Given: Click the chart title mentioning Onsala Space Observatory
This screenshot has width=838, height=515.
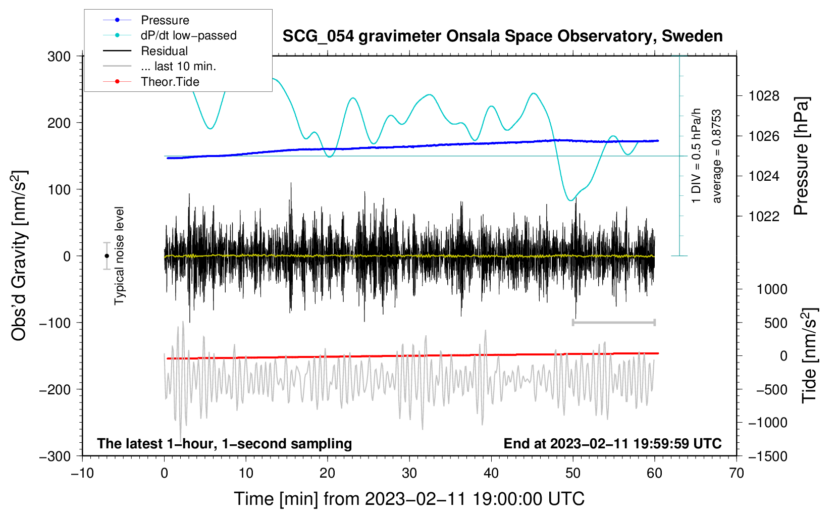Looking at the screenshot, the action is (x=502, y=36).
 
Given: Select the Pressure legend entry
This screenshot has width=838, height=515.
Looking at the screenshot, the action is (x=146, y=20).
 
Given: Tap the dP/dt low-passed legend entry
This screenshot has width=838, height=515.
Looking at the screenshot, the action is (x=170, y=35).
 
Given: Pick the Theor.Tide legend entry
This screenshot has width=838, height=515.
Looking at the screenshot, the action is (x=151, y=82).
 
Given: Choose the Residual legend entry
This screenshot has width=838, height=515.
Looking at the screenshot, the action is (x=145, y=51).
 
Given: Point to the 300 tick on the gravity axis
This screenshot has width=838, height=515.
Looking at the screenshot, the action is (x=59, y=57).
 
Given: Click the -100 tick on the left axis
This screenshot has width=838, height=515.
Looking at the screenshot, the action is (x=55, y=323).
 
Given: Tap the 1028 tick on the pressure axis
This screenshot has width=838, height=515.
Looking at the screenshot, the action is (x=764, y=96).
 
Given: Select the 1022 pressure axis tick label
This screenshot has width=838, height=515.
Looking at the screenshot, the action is (x=764, y=216).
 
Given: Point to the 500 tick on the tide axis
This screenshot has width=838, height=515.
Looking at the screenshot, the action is (x=776, y=323).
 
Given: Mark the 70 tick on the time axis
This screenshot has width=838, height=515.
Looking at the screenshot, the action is (x=736, y=473).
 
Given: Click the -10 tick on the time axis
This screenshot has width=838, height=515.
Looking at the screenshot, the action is (x=82, y=473).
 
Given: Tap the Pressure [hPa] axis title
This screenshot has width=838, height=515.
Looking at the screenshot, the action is (x=801, y=156).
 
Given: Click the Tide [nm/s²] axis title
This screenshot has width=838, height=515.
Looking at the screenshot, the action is (x=809, y=356).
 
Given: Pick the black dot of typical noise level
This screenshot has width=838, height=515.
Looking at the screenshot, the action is (x=107, y=256).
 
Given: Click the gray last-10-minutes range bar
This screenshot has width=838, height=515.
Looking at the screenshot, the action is (x=613, y=322).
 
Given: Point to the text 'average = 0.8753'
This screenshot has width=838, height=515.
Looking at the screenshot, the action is (x=716, y=156).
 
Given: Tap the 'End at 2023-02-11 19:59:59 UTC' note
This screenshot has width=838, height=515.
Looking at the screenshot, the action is (x=612, y=443).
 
